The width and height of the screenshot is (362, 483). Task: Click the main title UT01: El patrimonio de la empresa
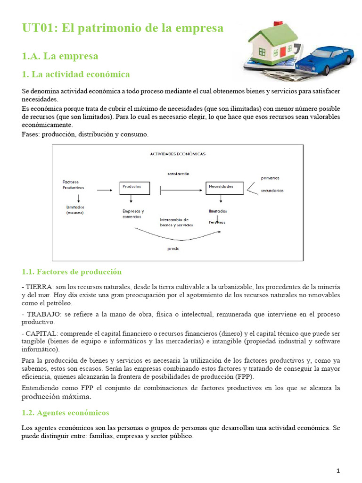(x=123, y=28)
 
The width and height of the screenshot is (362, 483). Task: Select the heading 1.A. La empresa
(x=60, y=56)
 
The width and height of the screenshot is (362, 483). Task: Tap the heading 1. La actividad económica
(x=76, y=75)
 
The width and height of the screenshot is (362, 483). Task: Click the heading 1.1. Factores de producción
(x=72, y=272)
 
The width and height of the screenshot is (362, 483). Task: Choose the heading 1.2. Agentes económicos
(x=66, y=413)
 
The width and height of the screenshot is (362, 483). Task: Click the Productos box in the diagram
(x=135, y=187)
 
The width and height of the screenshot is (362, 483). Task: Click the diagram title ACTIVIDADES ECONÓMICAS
(x=177, y=154)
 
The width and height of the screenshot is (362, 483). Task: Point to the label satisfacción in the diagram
(x=178, y=174)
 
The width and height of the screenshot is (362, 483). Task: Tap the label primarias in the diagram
(x=270, y=178)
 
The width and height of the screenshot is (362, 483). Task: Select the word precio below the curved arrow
(x=173, y=249)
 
